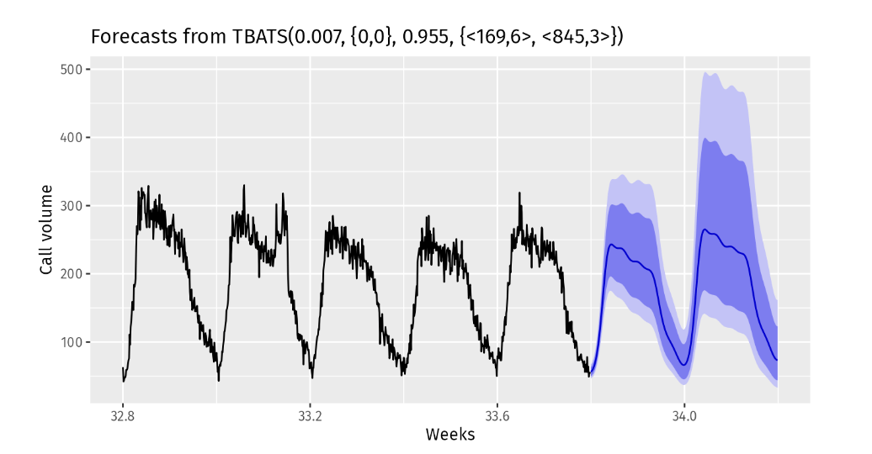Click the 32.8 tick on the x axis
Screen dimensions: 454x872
(123, 414)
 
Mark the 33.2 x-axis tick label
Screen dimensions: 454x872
(310, 414)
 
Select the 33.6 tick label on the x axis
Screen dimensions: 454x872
(497, 414)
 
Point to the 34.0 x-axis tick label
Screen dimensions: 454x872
(683, 414)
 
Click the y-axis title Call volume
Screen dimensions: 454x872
(47, 230)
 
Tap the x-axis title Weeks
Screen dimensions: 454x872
(449, 435)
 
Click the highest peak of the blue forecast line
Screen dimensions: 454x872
(705, 229)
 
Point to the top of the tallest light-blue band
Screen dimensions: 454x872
(706, 72)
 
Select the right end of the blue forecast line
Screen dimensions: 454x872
(777, 360)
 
